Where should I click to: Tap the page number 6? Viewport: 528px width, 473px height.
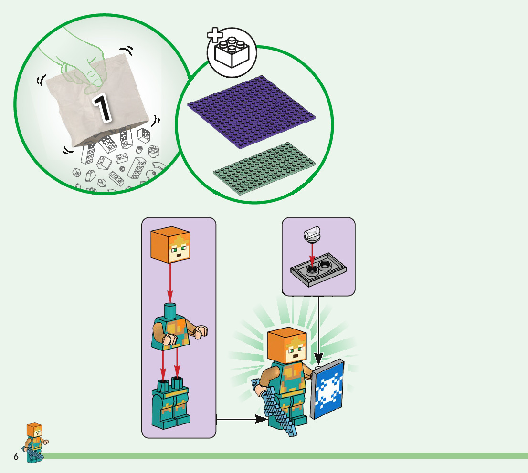[x=16, y=457]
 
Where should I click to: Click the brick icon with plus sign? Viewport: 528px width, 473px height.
[x=232, y=51]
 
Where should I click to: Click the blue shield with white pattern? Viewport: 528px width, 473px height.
[x=328, y=389]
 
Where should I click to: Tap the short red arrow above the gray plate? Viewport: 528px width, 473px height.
[x=311, y=255]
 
